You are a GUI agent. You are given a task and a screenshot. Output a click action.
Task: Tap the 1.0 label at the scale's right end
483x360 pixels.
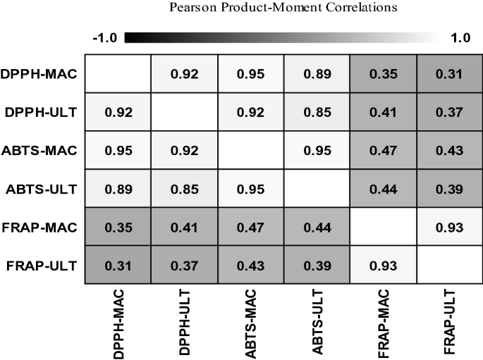point(460,38)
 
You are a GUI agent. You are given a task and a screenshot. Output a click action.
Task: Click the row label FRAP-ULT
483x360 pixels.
point(42,267)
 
